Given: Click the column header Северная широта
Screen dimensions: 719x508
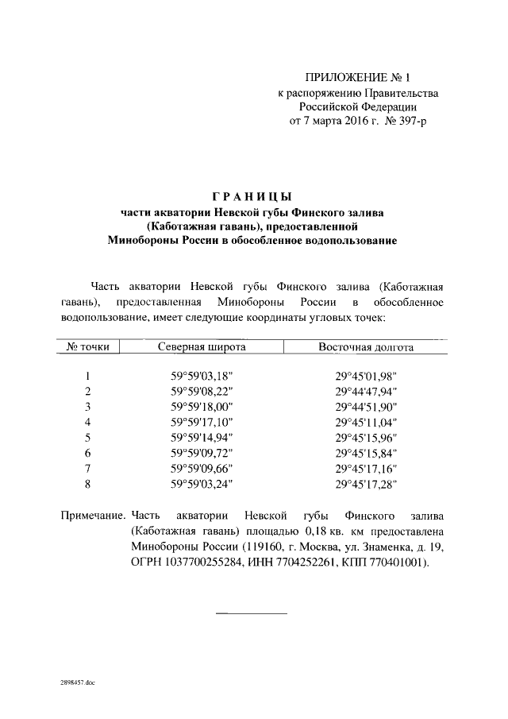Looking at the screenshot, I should pyautogui.click(x=202, y=347).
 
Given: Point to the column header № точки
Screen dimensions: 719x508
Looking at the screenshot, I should pyautogui.click(x=88, y=347).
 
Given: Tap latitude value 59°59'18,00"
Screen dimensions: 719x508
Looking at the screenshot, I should pyautogui.click(x=202, y=407).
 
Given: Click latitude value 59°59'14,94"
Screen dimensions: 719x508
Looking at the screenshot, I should pyautogui.click(x=202, y=437).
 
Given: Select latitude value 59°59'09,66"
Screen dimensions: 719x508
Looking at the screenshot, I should pyautogui.click(x=202, y=467).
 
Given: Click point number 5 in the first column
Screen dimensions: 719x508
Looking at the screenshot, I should pyautogui.click(x=88, y=437).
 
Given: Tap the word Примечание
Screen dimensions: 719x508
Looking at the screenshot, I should pyautogui.click(x=93, y=515).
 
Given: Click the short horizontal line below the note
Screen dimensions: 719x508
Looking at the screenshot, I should pyautogui.click(x=252, y=613).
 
